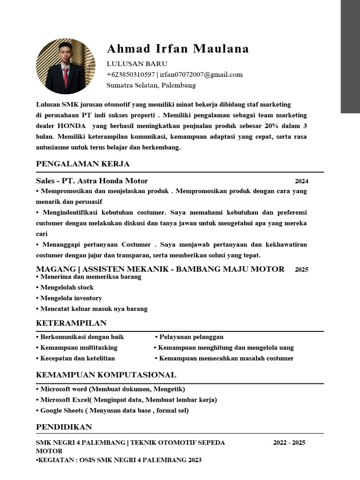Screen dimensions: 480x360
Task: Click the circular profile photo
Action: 66,66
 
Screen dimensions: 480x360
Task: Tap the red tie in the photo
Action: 66,77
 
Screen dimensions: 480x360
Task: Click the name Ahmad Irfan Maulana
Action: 178,49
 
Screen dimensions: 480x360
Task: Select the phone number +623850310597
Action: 131,75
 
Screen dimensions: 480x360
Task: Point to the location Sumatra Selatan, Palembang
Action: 151,85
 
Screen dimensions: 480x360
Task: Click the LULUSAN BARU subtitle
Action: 137,64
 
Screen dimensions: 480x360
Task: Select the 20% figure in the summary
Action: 271,126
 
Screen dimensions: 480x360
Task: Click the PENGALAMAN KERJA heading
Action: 82,164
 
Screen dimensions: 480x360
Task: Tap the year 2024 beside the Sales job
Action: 301,181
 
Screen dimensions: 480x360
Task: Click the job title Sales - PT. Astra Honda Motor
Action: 92,181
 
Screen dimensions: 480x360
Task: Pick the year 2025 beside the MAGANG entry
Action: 301,270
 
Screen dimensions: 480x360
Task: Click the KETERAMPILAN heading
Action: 71,323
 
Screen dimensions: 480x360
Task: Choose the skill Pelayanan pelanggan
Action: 191,337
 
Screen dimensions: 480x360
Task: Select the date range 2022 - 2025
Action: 289,442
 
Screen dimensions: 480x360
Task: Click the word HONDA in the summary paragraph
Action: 72,126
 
